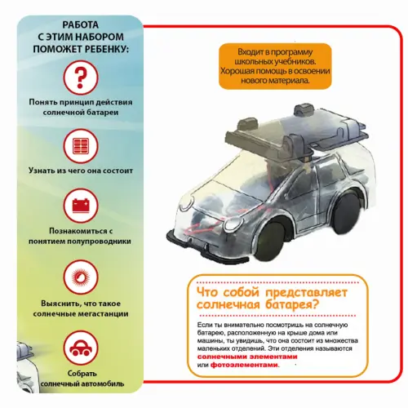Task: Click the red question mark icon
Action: pos(80,78)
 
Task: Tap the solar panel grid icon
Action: pos(81,146)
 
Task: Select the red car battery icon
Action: pos(81,206)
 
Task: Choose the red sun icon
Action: pos(81,277)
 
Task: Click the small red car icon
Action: pos(81,348)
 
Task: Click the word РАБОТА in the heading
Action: pos(81,24)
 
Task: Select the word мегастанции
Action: pos(104,314)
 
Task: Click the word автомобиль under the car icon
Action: pos(102,384)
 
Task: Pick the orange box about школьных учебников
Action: pos(275,66)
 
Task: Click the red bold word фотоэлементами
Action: pos(245,365)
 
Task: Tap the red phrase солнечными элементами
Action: pos(247,357)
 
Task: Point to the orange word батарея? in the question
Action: pos(291,304)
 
